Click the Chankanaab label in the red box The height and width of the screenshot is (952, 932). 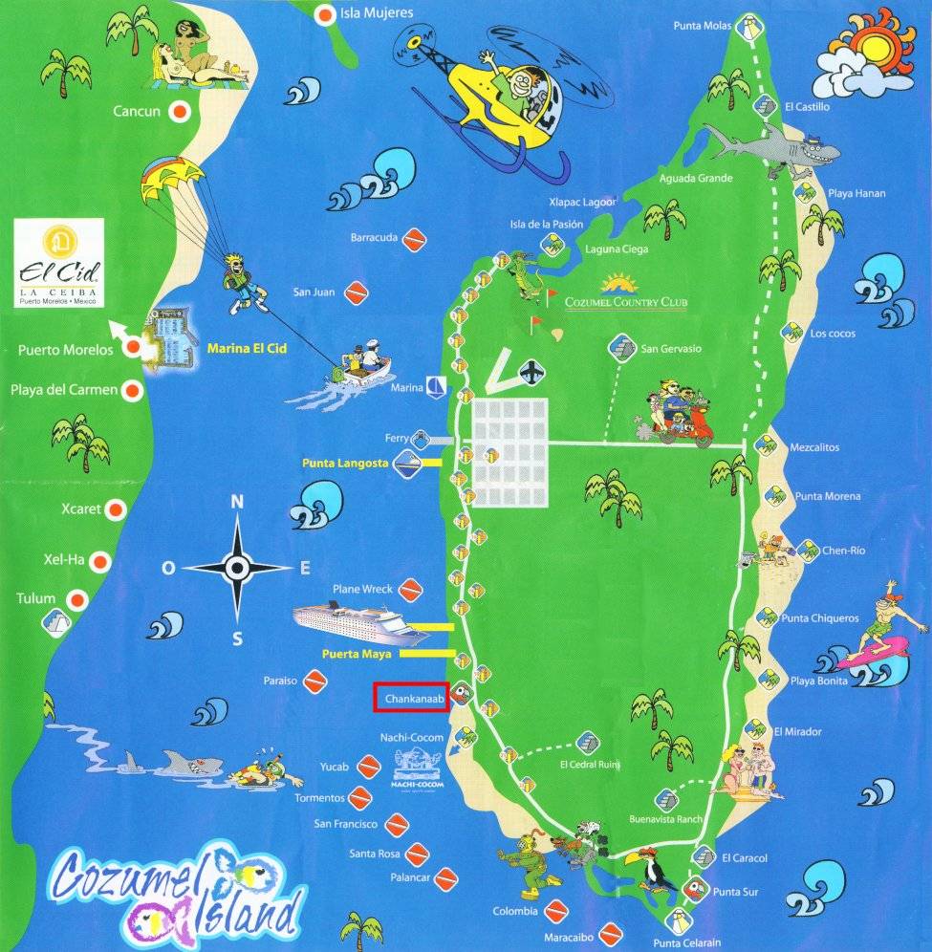point(411,699)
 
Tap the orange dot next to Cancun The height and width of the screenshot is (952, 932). point(178,112)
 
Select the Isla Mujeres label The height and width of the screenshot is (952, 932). point(378,13)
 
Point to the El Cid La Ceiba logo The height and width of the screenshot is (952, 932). point(59,262)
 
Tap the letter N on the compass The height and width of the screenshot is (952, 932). point(237,502)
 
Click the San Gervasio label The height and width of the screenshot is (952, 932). point(670,349)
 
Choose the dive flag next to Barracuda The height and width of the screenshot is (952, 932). point(413,240)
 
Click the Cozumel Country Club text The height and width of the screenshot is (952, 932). point(625,303)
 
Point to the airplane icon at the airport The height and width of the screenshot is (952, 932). point(531,370)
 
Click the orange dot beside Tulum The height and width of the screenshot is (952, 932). point(76,600)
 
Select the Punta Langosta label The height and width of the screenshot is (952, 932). point(345,464)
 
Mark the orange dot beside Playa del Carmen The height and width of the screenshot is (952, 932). point(133,390)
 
